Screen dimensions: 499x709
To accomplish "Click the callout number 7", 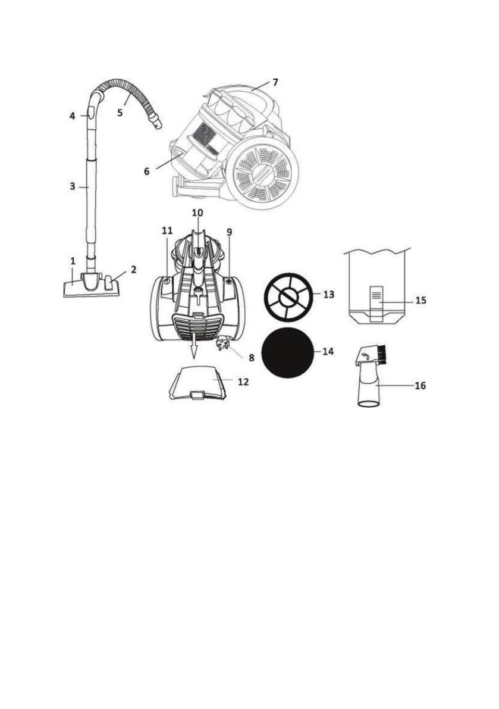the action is (x=275, y=82).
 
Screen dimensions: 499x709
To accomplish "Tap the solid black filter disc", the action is (x=288, y=352).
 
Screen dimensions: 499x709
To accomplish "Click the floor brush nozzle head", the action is (x=92, y=286).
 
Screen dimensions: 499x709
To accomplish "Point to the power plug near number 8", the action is (x=224, y=342).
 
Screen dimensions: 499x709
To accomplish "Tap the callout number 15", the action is (x=420, y=300).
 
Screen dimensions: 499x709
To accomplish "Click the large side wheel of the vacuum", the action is (x=263, y=173).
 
